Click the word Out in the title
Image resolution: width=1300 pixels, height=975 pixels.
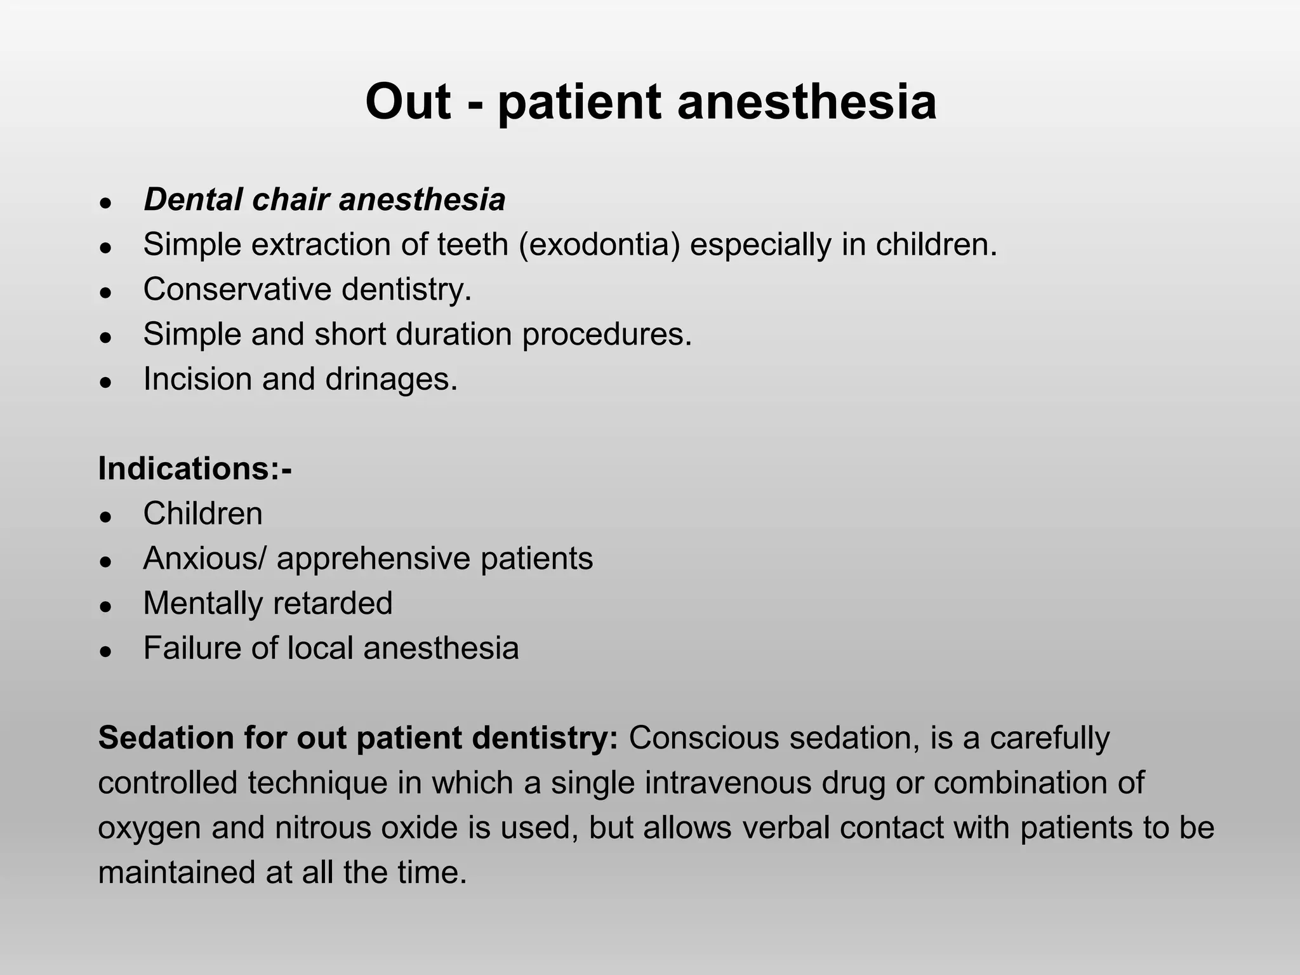click(x=408, y=102)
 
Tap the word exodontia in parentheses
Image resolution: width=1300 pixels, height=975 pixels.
click(x=600, y=245)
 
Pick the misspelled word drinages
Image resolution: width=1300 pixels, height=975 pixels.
click(x=391, y=379)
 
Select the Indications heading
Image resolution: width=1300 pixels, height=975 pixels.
click(x=194, y=469)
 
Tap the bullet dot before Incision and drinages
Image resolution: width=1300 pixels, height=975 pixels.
click(x=106, y=382)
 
